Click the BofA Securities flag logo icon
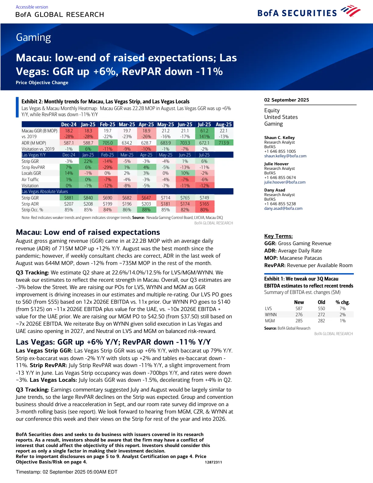click(351, 12)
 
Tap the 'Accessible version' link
click(32, 7)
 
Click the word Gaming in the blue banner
click(33, 38)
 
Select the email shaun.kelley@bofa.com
click(285, 156)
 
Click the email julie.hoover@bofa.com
click(285, 182)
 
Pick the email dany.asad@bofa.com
click(283, 209)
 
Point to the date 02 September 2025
click(286, 100)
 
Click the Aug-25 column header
click(224, 124)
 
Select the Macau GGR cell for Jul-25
click(204, 131)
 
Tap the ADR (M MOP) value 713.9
click(224, 143)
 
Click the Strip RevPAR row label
click(33, 167)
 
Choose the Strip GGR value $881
click(69, 198)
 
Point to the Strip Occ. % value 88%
click(146, 210)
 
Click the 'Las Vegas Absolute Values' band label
click(45, 191)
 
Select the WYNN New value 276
click(299, 315)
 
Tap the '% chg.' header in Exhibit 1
click(343, 302)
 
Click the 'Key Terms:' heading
click(278, 236)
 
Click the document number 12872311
click(213, 462)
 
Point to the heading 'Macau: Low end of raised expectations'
click(88, 232)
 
